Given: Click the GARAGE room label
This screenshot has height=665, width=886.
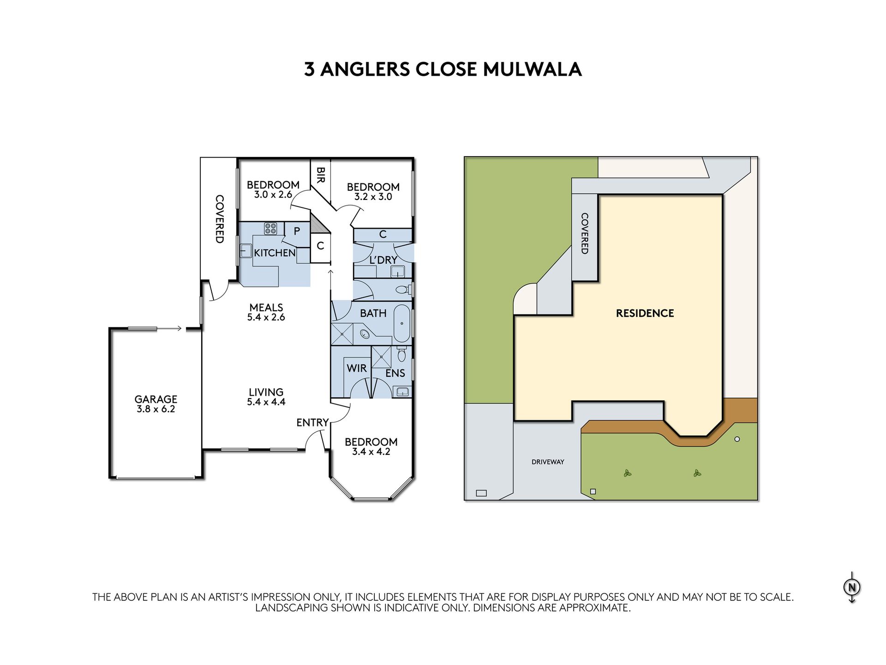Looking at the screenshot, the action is click(x=156, y=399).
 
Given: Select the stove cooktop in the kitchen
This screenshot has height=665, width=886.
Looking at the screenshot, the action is click(x=270, y=228).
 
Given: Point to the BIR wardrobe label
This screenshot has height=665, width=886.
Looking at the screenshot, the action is click(x=321, y=175).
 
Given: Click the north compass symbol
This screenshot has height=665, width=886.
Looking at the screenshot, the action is click(x=852, y=587).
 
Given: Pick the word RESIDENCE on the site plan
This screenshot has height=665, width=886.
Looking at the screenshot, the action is click(x=645, y=313).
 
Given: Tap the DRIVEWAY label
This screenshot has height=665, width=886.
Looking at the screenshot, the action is click(x=548, y=462).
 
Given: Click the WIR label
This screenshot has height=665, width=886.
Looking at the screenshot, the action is click(x=357, y=368).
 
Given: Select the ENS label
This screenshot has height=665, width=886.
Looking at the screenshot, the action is click(x=395, y=373).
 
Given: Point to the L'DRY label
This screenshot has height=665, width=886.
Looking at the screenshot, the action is click(x=383, y=260).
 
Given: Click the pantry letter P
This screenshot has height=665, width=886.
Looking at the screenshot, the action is click(x=297, y=231).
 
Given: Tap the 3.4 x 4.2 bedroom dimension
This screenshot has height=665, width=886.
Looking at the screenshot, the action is click(x=371, y=452).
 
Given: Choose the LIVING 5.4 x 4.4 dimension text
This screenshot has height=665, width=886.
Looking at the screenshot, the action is click(x=266, y=402).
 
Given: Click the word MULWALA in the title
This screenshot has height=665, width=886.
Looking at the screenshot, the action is click(x=532, y=69).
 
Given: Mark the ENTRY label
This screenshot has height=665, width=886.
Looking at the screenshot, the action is click(x=312, y=422).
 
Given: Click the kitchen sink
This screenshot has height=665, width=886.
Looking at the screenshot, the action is click(x=245, y=251).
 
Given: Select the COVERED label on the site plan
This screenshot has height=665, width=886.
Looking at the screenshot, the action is click(x=585, y=233).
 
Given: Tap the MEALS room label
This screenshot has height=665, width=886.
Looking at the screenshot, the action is click(x=266, y=307).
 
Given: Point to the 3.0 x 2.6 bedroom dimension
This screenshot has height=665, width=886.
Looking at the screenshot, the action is click(x=273, y=194).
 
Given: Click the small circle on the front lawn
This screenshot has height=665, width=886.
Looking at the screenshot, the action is click(x=737, y=439).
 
